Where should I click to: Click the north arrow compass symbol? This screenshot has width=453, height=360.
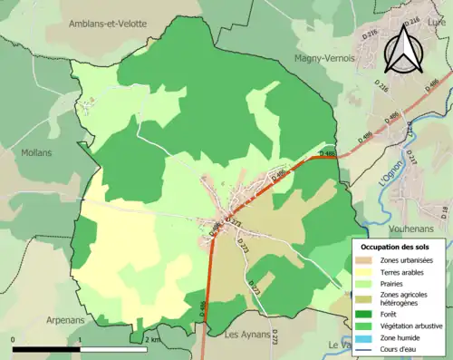pos(402,49)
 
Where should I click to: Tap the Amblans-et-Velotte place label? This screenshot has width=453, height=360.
pos(107,24)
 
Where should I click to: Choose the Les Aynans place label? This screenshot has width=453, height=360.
pos(248,334)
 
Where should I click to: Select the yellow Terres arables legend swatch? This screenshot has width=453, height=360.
pos(368,271)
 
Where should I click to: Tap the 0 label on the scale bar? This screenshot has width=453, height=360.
pos(14,339)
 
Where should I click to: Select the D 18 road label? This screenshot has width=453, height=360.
pos(444,213)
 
